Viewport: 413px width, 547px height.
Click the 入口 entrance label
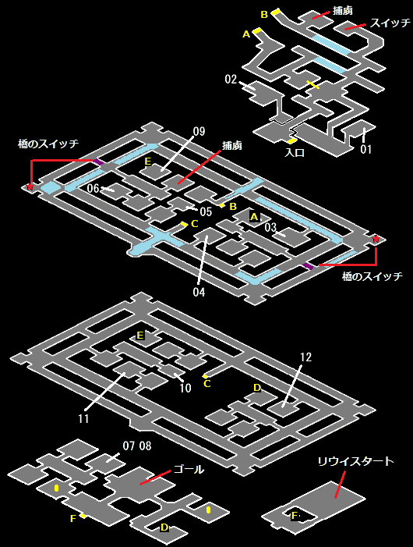click(295, 152)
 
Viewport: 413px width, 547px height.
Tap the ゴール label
click(189, 470)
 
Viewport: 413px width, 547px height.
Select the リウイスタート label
click(355, 461)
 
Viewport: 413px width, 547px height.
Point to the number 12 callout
click(305, 357)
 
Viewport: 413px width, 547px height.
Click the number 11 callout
click(83, 418)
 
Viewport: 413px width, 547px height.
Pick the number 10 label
click(185, 388)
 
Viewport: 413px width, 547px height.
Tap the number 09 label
click(199, 132)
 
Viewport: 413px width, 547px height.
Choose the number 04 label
click(199, 292)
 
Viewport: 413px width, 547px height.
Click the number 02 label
click(231, 80)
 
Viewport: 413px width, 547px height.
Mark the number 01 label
click(366, 149)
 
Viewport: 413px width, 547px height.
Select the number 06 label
click(93, 188)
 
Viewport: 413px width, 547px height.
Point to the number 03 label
click(270, 227)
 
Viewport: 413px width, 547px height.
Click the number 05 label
click(206, 211)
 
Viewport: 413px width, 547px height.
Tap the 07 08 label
click(137, 446)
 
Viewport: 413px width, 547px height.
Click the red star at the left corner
click(30, 186)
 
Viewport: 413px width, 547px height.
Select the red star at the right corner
click(376, 239)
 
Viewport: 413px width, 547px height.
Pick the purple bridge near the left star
click(98, 162)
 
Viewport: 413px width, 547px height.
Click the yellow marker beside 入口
click(291, 141)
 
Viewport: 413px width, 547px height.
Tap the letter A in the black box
click(254, 217)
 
